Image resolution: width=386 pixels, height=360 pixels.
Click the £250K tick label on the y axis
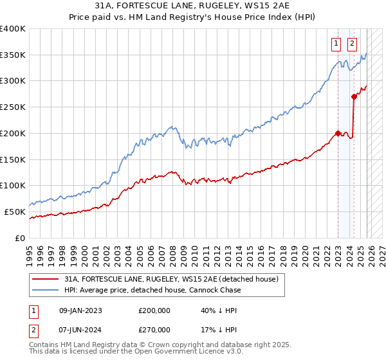coord(12,107)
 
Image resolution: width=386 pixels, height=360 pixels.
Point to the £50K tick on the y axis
coord(15,212)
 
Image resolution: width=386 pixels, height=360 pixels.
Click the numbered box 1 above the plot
coord(336,44)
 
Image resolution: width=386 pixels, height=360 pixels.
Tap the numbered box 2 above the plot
coord(352,44)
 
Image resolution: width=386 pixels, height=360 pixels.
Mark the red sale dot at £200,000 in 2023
coord(338,134)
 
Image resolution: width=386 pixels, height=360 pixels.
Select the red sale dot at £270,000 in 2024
coord(354,97)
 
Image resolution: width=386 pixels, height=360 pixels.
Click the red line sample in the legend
coord(45,279)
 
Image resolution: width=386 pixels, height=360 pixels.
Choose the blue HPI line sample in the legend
coord(45,290)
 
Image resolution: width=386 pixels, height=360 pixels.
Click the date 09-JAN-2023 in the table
coord(80,310)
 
